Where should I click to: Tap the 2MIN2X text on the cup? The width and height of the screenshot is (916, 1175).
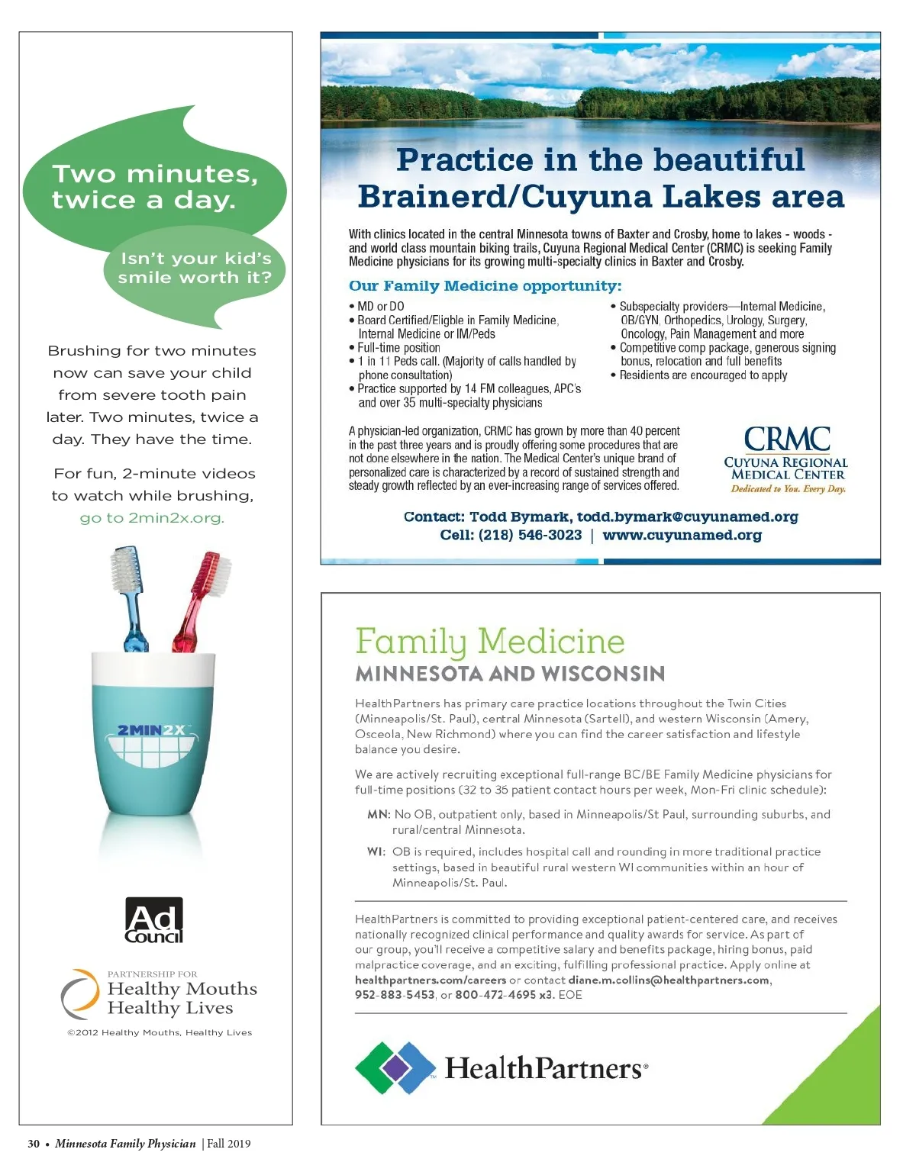(151, 730)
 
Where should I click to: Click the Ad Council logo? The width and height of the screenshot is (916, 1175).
(154, 920)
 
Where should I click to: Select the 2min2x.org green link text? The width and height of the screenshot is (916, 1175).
(152, 518)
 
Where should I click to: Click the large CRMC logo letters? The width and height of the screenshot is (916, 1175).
(787, 439)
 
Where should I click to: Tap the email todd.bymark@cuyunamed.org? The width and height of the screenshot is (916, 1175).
(687, 517)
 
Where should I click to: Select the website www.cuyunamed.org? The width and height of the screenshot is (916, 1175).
(682, 535)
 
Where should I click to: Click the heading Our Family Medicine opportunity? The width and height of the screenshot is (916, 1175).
(485, 286)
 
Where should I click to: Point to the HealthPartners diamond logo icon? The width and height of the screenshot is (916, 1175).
(395, 1067)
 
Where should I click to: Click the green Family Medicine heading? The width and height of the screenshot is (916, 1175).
(489, 641)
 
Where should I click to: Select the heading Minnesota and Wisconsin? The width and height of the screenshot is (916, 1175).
(510, 674)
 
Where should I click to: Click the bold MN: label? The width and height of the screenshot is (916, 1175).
(379, 814)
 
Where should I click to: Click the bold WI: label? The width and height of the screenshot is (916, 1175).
(376, 851)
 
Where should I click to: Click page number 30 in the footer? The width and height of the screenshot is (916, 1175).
(34, 1143)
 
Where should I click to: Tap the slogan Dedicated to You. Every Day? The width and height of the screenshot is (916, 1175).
(788, 489)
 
